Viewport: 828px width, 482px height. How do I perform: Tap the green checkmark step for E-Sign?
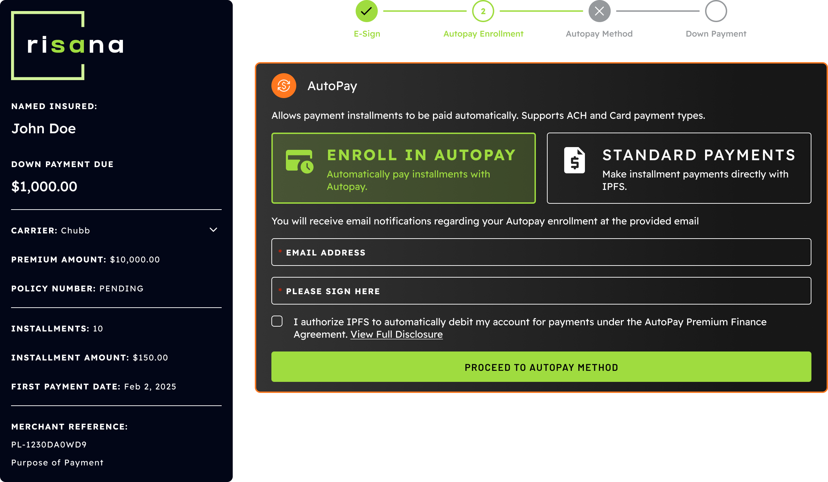pyautogui.click(x=366, y=11)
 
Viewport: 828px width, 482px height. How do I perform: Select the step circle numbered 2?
pyautogui.click(x=483, y=11)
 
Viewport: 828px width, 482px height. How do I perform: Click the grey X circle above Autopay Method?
pyautogui.click(x=599, y=11)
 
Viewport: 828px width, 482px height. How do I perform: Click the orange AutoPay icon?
pyautogui.click(x=284, y=86)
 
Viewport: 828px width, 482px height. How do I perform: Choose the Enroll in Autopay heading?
pyautogui.click(x=421, y=155)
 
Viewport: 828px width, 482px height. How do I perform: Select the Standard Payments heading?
pyautogui.click(x=699, y=155)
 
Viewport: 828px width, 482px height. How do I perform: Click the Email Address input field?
pyautogui.click(x=541, y=252)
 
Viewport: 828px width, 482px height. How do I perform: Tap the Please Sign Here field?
pyautogui.click(x=541, y=291)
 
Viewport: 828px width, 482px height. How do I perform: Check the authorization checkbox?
pyautogui.click(x=277, y=321)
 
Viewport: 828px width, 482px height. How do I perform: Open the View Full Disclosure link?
pyautogui.click(x=396, y=334)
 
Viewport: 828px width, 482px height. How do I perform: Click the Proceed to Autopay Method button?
pyautogui.click(x=541, y=367)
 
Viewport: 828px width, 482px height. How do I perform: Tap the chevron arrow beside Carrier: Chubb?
pyautogui.click(x=213, y=230)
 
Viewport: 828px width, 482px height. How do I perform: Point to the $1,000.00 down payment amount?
pyautogui.click(x=44, y=186)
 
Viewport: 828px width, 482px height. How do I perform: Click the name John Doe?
pyautogui.click(x=44, y=128)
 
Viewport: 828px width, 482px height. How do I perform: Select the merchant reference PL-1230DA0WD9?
pyautogui.click(x=49, y=444)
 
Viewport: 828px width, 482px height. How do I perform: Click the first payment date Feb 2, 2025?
pyautogui.click(x=150, y=386)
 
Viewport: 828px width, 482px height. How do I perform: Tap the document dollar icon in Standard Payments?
pyautogui.click(x=575, y=160)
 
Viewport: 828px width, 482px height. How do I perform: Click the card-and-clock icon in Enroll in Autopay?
pyautogui.click(x=299, y=161)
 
